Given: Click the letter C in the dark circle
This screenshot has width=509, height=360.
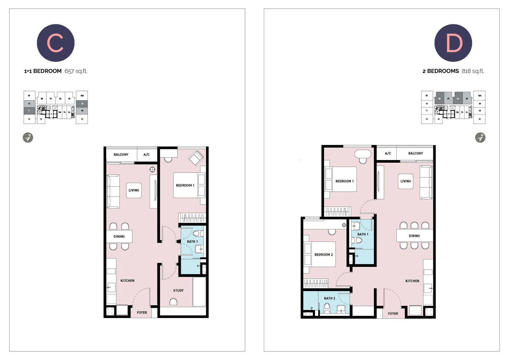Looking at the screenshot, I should pos(56,43).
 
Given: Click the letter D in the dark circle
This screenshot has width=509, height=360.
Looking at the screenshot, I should pos(453,43).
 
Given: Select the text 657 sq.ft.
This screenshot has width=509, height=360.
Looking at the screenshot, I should pos(76,71).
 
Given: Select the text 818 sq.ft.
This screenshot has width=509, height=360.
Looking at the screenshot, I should pos(473,71).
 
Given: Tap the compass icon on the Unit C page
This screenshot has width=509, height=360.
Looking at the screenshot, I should pos(28,138).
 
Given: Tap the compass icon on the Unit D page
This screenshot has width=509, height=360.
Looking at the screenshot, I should pos(480,138).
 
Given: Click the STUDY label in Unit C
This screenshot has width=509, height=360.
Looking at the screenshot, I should pos(178,290).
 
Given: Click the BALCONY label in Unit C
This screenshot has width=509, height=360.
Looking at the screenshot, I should pos(121,155).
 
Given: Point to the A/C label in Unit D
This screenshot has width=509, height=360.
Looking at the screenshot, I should pos(388,153).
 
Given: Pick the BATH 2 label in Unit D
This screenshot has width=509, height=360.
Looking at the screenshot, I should pos(329,298).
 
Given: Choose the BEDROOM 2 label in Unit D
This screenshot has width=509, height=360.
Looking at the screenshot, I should pos(324,255).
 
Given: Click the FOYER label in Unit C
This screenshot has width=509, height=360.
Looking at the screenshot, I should pos(142,313).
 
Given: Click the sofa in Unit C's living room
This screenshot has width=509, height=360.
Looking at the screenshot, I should pos(113,191).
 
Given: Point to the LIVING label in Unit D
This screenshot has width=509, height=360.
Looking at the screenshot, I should pos(405,181).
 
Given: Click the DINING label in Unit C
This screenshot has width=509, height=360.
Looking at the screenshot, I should pos(119,236).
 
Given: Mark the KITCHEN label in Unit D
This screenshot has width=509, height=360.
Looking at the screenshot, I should pos(412,281).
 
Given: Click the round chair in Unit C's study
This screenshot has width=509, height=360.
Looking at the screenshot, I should pos(173,301).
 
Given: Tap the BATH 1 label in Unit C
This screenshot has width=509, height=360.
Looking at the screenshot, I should pos(192,242).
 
